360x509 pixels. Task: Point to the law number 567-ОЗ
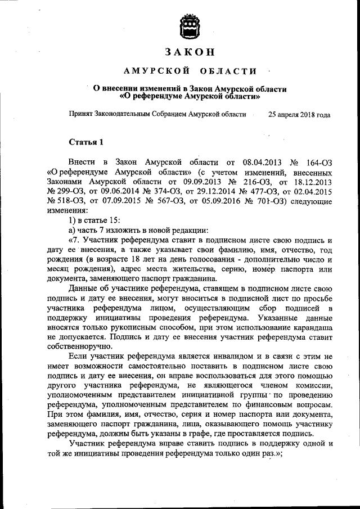163,203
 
